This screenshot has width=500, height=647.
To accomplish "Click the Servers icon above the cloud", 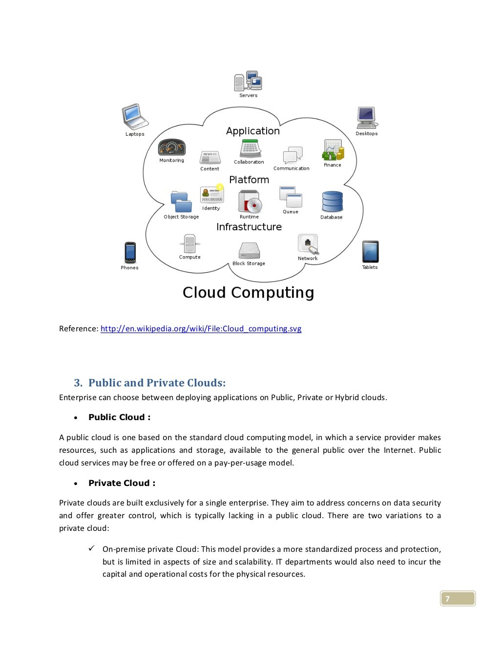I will point(248,81).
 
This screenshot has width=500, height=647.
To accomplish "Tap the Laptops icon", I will point(134,117).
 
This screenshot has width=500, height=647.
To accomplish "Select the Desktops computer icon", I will point(367,118).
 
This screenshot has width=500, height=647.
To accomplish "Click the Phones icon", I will point(130,252).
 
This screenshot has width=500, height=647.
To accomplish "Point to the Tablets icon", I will point(370,252).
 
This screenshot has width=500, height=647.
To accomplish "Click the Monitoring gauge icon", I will point(172,147).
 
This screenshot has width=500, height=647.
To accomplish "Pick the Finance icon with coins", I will point(333,150).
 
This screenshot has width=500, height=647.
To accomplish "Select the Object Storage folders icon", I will point(181,202).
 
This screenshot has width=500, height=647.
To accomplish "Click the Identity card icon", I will point(212,194).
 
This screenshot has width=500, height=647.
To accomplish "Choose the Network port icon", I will point(308,244).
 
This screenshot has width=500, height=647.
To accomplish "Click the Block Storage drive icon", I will point(249,251).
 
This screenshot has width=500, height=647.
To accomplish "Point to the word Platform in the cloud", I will point(249,180).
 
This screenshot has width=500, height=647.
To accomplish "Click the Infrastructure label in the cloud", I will point(249,227).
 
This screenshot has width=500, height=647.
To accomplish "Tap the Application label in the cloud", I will point(253,131).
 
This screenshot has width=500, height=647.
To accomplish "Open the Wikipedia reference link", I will point(201,328).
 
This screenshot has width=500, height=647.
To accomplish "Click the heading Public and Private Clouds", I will point(157,383).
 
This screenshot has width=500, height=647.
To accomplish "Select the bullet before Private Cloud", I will point(76,484).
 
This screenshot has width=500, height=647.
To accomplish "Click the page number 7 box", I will point(458,599).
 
